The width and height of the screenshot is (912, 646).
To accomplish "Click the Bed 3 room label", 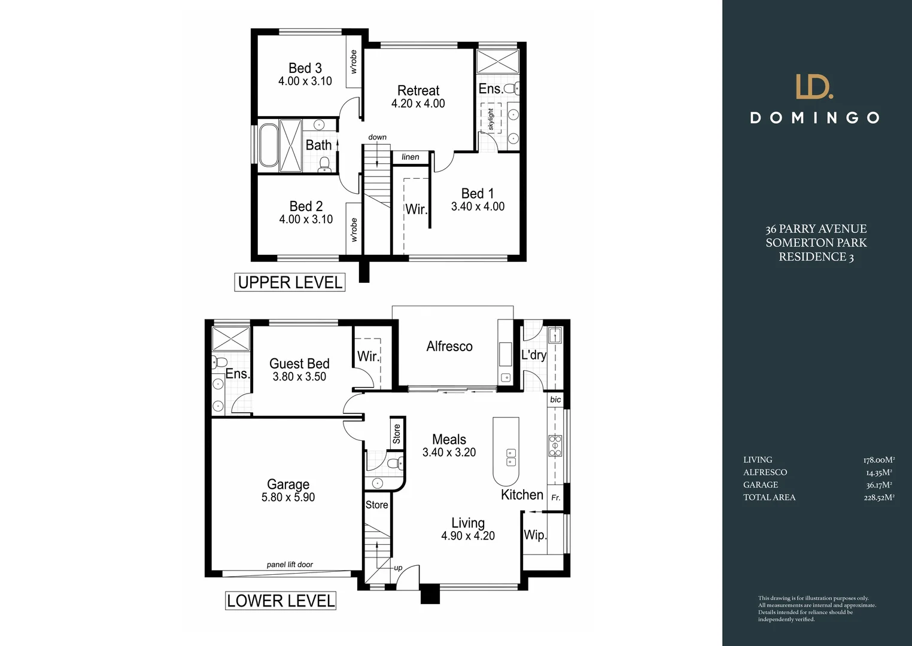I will (305, 68).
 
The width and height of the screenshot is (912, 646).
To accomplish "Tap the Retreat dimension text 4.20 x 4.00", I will (418, 103).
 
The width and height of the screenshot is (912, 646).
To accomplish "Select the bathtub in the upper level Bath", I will (267, 145).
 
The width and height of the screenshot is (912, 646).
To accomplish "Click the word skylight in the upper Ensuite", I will (491, 119).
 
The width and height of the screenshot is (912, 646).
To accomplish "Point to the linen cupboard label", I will (411, 157).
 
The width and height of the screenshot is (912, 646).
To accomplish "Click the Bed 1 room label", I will (477, 193).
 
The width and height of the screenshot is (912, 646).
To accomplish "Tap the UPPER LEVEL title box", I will (290, 282).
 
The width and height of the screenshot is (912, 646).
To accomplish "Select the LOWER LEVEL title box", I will (281, 601).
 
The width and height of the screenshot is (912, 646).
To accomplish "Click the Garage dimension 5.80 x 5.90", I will (288, 497).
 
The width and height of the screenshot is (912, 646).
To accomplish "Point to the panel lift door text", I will (290, 565).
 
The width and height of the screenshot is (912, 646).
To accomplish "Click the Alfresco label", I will (449, 346).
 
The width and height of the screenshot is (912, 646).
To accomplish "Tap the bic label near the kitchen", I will (555, 400).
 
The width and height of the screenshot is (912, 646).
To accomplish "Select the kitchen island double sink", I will (511, 456).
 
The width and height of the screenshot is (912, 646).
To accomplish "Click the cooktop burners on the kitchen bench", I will (555, 446).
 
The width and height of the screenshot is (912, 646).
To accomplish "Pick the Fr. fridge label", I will (555, 498).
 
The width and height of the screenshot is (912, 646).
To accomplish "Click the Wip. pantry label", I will (534, 535).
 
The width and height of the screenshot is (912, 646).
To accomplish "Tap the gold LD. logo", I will (814, 87).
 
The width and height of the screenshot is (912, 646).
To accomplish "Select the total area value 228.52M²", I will (878, 498).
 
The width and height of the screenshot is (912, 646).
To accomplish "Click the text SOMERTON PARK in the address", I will (816, 243).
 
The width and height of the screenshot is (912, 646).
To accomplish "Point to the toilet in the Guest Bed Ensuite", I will (218, 362).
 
